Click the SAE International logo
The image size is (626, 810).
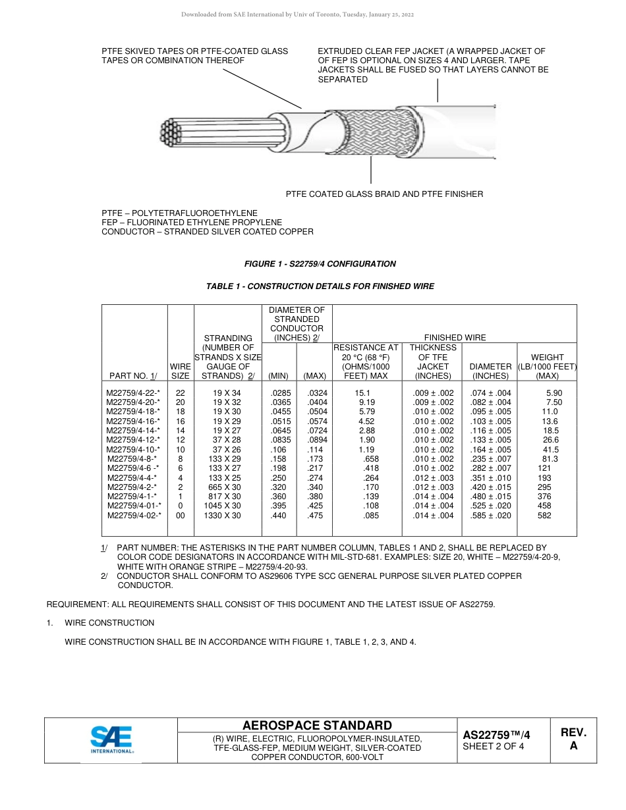point(111,739)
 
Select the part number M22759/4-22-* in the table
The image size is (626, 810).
point(133,393)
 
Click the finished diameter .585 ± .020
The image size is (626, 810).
point(490,516)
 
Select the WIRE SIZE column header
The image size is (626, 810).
point(181,371)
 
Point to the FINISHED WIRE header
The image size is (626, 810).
point(455,337)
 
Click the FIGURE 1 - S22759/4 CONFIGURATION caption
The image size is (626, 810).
point(320,264)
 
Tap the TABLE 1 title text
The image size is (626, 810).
point(320,286)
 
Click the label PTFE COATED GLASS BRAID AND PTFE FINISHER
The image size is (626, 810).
point(384,194)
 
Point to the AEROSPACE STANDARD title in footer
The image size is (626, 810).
point(317,725)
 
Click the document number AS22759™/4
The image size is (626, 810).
point(496,734)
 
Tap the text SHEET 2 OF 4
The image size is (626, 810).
point(494,746)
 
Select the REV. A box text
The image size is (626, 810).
point(573,739)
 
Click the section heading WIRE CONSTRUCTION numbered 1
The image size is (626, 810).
point(109,623)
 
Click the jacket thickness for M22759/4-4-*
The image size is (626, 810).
point(433,478)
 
